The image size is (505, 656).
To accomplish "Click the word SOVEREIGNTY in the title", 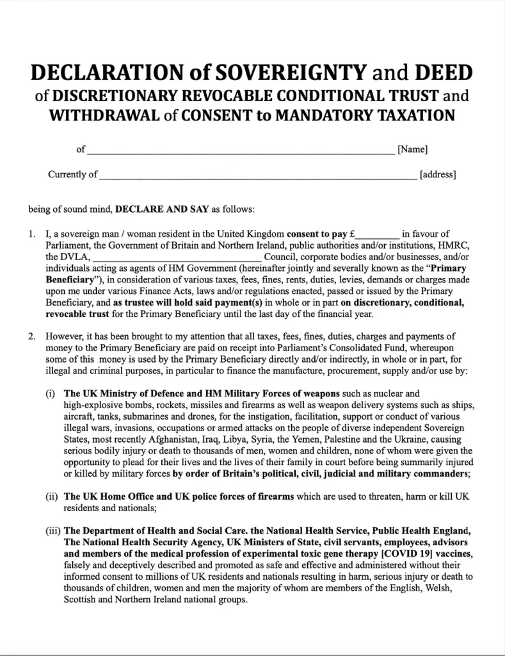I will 293,73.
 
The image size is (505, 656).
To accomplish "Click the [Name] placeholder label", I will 412,150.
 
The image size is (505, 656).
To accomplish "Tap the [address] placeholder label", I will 437,174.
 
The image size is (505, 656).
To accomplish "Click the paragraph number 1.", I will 32,234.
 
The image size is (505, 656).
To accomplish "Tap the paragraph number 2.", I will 32,336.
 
